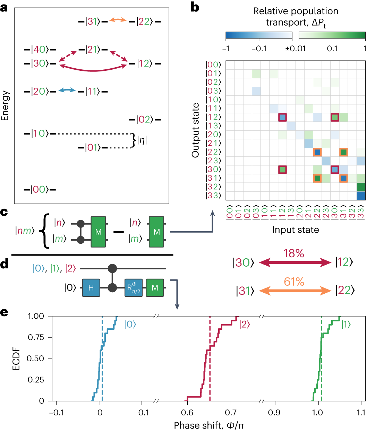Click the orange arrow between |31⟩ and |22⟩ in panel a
[118, 21]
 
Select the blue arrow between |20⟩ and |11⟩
[67, 90]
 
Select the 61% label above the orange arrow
[294, 282]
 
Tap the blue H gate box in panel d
[91, 287]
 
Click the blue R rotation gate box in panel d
[134, 287]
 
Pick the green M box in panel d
[155, 287]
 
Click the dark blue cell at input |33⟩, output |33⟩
[361, 196]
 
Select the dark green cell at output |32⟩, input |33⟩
[361, 187]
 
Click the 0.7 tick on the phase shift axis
[231, 413]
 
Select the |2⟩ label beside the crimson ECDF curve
[245, 325]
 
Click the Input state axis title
[295, 230]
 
